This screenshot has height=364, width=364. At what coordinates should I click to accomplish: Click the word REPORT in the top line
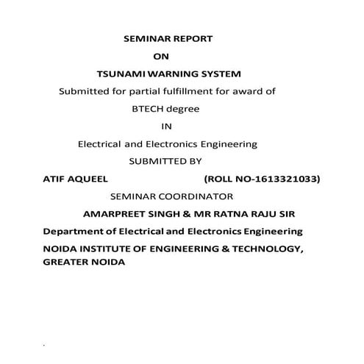click(x=192, y=38)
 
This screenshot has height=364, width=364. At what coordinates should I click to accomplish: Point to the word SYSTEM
click(x=221, y=74)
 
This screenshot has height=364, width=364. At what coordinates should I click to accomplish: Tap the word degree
click(x=184, y=109)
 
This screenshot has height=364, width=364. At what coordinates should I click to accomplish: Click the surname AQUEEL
click(x=89, y=179)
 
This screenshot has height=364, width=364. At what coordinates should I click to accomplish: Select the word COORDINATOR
click(x=193, y=196)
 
